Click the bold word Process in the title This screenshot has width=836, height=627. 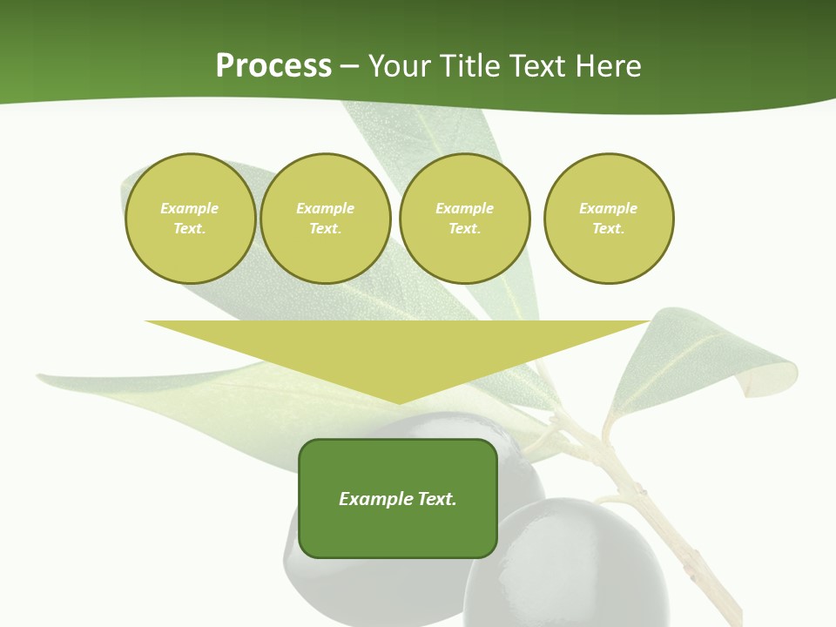point(273,66)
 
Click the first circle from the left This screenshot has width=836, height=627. point(190,219)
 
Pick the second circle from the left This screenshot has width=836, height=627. point(325,219)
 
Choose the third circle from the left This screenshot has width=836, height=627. point(464,219)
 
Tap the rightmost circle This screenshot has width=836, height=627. point(609,219)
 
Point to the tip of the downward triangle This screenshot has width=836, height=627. point(399,402)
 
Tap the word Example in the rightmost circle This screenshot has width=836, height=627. point(608,208)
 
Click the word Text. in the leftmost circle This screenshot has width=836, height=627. point(190,229)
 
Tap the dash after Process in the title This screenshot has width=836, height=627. point(350,67)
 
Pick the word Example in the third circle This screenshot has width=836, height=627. point(464,208)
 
